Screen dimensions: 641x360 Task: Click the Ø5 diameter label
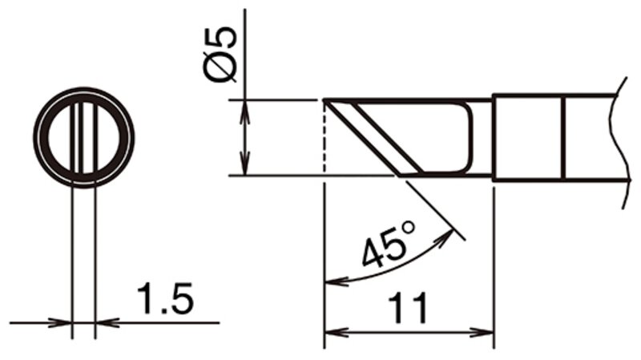click(x=220, y=55)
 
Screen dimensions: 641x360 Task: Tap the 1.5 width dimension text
click(x=165, y=298)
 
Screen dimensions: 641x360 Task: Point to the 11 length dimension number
click(x=408, y=308)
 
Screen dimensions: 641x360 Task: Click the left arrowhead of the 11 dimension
click(x=336, y=332)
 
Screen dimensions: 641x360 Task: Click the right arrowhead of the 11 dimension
click(x=482, y=332)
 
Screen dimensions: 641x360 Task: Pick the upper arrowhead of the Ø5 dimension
click(x=244, y=111)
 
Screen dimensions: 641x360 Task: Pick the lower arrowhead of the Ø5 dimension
click(x=244, y=164)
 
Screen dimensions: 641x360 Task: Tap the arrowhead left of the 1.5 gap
click(x=60, y=323)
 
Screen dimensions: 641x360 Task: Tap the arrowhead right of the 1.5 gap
click(x=107, y=323)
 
